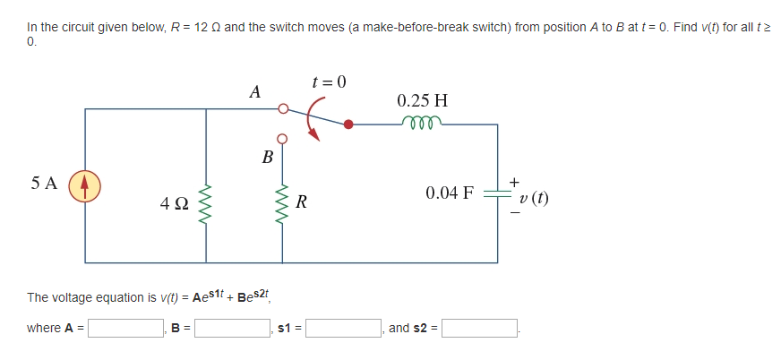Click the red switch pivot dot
(349, 125)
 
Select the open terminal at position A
(283, 109)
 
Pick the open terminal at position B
(282, 139)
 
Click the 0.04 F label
(450, 193)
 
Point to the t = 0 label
(329, 82)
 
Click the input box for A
(124, 329)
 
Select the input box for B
(234, 329)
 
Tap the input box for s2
(479, 329)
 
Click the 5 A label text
(43, 184)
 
